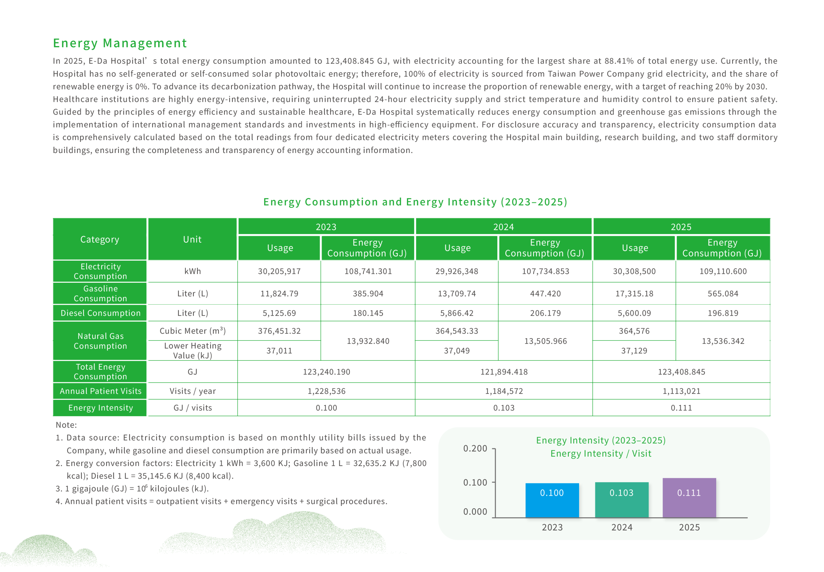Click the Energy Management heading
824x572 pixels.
click(x=120, y=43)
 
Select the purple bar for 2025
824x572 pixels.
click(x=689, y=498)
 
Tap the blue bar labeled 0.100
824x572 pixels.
click(x=552, y=500)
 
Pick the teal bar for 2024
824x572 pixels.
click(x=621, y=500)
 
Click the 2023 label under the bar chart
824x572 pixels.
click(x=552, y=527)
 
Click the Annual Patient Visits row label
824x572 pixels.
click(x=100, y=391)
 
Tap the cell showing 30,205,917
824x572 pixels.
click(x=279, y=271)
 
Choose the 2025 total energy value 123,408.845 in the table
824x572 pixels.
click(x=681, y=372)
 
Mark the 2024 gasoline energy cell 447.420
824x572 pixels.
click(x=545, y=293)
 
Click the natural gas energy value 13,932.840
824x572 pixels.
click(x=368, y=341)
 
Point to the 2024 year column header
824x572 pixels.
click(x=503, y=227)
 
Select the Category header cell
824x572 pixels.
click(x=99, y=239)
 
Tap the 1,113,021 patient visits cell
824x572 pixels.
click(x=681, y=391)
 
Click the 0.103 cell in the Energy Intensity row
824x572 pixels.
click(x=503, y=408)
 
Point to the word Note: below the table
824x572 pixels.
click(x=66, y=425)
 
